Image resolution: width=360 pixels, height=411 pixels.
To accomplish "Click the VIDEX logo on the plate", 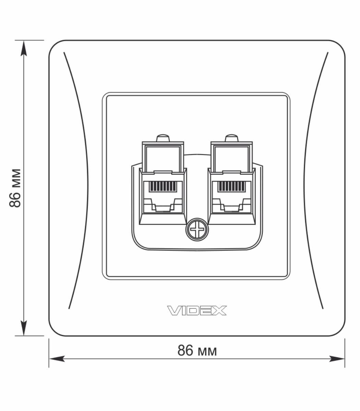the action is tap(197, 311).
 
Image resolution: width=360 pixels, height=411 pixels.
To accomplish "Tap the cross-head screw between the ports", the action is tap(197, 229).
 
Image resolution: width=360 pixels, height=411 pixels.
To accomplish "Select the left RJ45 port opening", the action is tap(163, 197).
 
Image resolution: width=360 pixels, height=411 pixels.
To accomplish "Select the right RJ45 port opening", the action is tap(231, 197).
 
